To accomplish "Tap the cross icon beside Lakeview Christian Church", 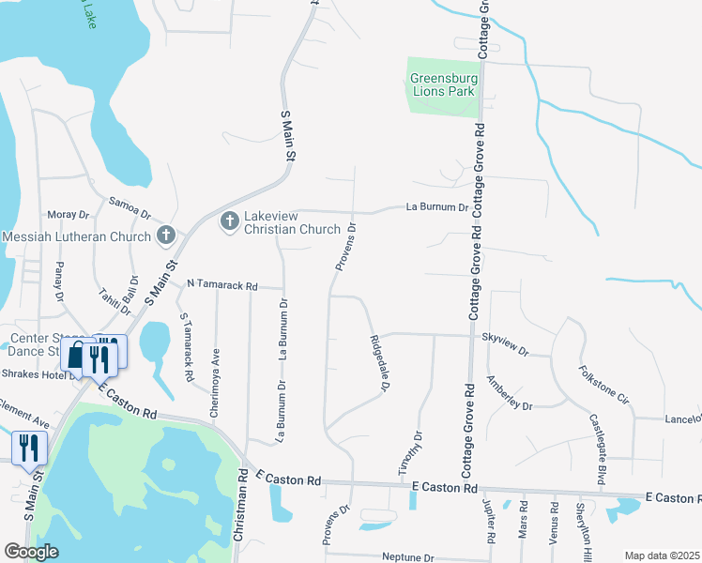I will coord(228,222).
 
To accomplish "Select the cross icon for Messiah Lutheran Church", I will coord(166,236).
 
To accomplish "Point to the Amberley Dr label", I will coord(509,393).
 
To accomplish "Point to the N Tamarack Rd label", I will coord(221,283).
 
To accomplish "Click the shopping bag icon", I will coord(75,355).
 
